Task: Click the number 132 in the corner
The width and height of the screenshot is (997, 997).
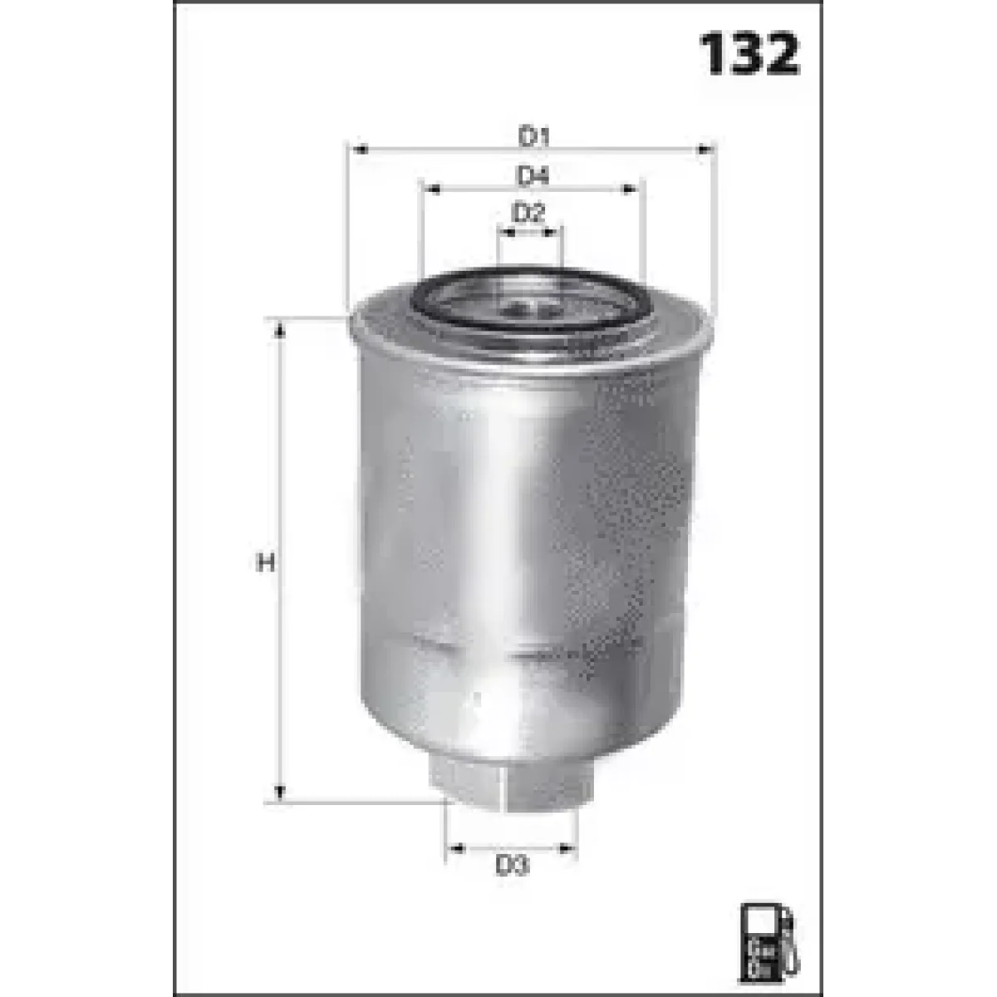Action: pyautogui.click(x=749, y=54)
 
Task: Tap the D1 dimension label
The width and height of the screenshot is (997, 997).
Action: pyautogui.click(x=533, y=137)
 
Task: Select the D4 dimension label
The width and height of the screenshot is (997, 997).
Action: pyautogui.click(x=533, y=177)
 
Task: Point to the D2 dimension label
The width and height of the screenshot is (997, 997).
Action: pyautogui.click(x=528, y=214)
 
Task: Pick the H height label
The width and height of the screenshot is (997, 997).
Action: pyautogui.click(x=265, y=562)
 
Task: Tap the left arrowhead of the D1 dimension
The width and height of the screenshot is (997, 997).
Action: pyautogui.click(x=359, y=150)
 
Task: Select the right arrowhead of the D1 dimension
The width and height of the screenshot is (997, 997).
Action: pyautogui.click(x=705, y=150)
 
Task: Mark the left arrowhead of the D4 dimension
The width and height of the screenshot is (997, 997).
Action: pyautogui.click(x=432, y=190)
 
